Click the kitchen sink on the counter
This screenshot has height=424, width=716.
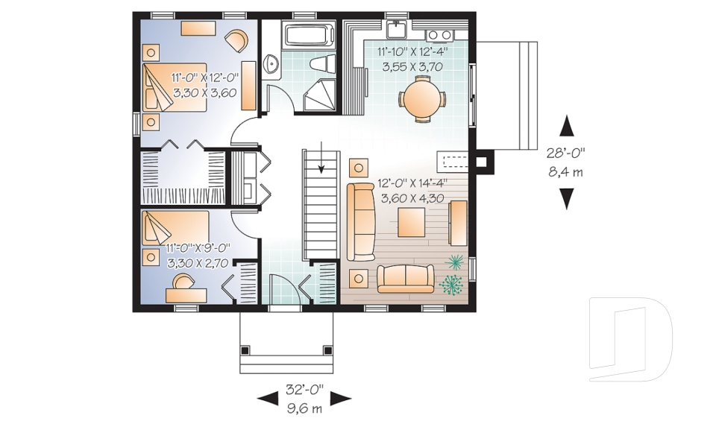point(395,31)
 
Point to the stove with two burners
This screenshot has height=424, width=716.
point(439,34)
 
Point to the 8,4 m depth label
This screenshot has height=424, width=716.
point(566,173)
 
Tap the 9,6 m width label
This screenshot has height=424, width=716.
point(304,408)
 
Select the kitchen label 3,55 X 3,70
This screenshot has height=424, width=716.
point(412,66)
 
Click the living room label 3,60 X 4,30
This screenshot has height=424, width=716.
point(412,199)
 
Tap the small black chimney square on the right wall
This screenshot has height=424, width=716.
point(483,159)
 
